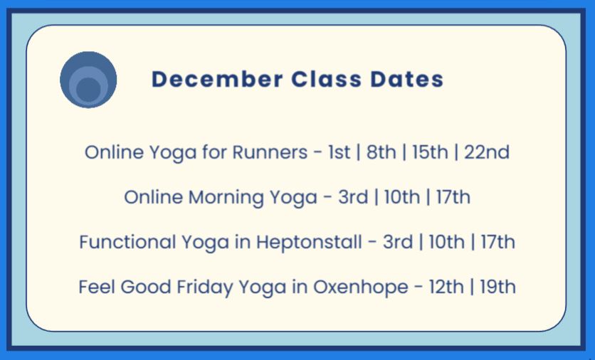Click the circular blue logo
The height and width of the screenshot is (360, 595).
pyautogui.click(x=88, y=80)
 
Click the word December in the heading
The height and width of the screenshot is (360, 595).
pyautogui.click(x=218, y=79)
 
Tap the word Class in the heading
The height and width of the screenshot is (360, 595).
pyautogui.click(x=327, y=79)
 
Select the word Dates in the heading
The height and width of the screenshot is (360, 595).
pyautogui.click(x=407, y=79)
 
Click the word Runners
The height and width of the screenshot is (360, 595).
pyautogui.click(x=270, y=152)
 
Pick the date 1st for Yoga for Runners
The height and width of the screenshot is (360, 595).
pyautogui.click(x=339, y=152)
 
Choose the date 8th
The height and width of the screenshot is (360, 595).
pyautogui.click(x=381, y=152)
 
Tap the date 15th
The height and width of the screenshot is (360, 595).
pyautogui.click(x=430, y=152)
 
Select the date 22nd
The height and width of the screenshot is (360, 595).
pyautogui.click(x=487, y=152)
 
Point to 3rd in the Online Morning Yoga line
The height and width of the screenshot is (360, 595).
pyautogui.click(x=353, y=197)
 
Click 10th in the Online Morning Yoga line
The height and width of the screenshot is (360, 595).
pyautogui.click(x=402, y=197)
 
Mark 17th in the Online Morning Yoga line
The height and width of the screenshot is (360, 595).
pyautogui.click(x=453, y=197)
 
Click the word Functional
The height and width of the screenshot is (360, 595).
pyautogui.click(x=127, y=242)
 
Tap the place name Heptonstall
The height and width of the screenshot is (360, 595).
pyautogui.click(x=309, y=243)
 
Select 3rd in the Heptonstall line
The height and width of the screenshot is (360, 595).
pyautogui.click(x=398, y=242)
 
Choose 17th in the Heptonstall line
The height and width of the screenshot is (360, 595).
pyautogui.click(x=498, y=242)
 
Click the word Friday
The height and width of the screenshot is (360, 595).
pyautogui.click(x=205, y=287)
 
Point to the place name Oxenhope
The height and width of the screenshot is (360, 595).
pyautogui.click(x=361, y=287)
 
